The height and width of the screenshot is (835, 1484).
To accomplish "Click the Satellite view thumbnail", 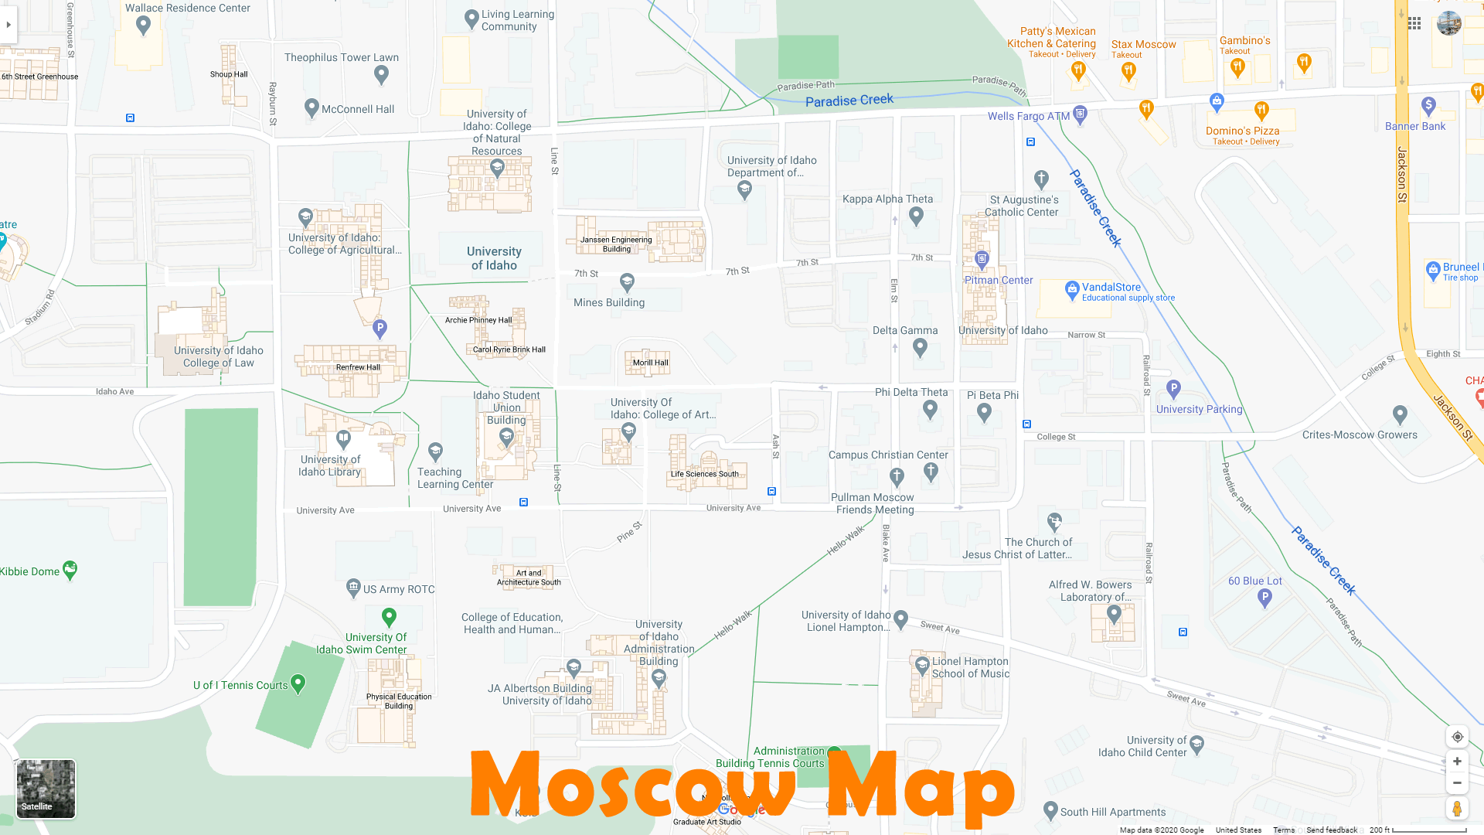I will pos(46,788).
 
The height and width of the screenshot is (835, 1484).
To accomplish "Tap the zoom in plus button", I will pos(1457,762).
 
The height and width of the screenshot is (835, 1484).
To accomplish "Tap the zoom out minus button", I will pos(1457,783).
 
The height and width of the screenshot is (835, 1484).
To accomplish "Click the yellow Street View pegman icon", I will pos(1457,809).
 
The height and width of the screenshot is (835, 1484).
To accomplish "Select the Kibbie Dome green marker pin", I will pos(70,570).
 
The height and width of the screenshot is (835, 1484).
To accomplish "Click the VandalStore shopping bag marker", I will pos(1071,290).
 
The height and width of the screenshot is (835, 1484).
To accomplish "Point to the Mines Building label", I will pos(608,303).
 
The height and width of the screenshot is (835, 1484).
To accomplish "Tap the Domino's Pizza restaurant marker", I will pos(1261,111).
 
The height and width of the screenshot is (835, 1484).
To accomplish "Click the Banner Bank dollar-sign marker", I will pos(1428,104).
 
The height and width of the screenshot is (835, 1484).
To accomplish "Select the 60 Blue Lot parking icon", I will pos(1264,597).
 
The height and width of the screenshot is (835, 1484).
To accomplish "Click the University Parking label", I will pos(1199,410).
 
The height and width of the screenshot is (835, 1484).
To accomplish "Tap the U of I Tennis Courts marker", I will pos(298,683).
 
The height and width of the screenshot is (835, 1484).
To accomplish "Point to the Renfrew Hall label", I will pos(358,367).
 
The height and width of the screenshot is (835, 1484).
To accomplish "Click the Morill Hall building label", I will pos(650,363).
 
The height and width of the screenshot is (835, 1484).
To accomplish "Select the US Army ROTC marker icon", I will pos(353,588).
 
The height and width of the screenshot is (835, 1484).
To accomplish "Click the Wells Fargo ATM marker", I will pos(1081,114).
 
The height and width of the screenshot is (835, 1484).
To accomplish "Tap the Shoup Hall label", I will pos(229,75).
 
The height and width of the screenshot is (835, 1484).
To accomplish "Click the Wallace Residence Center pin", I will pos(143,25).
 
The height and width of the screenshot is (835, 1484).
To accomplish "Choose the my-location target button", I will pos(1457,737).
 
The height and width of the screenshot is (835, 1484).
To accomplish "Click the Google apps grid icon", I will pos(1414,23).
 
